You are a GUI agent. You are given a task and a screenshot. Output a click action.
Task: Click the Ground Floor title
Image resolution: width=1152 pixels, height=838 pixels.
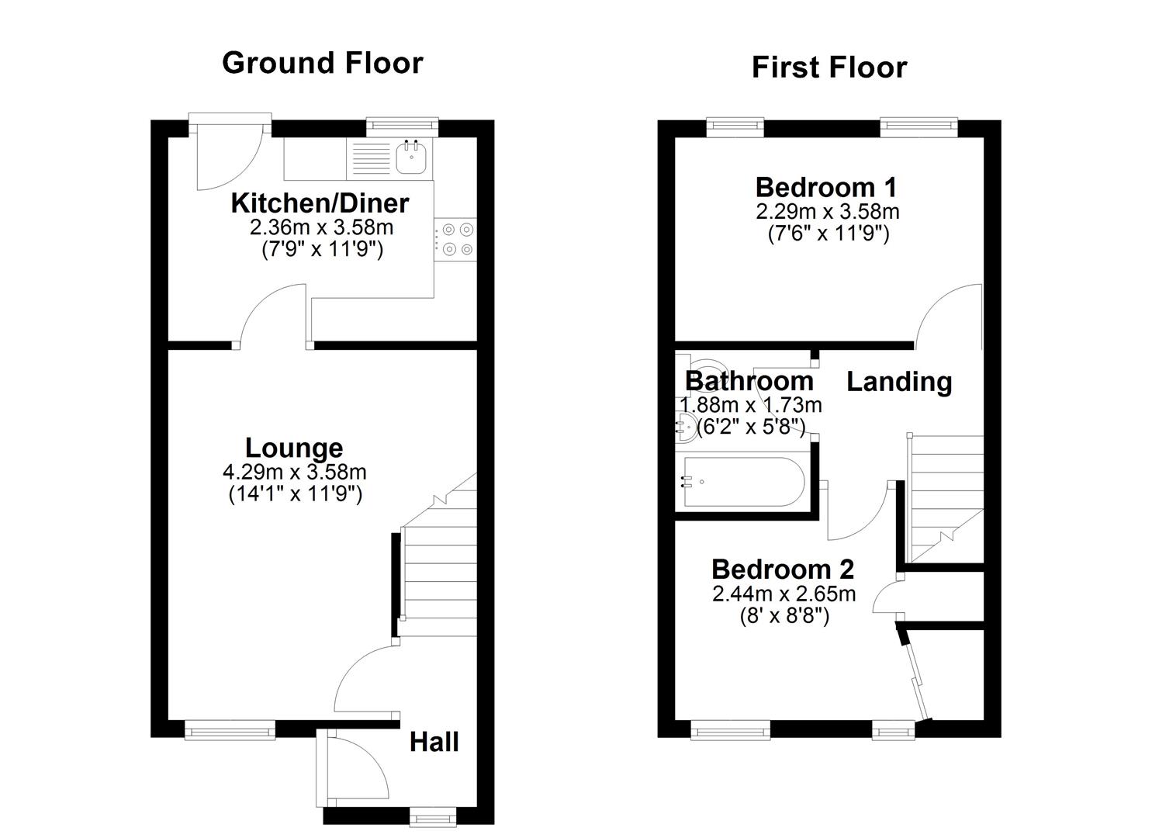pyautogui.click(x=323, y=63)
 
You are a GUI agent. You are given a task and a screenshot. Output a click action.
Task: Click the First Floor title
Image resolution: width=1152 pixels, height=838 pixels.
pyautogui.click(x=829, y=68)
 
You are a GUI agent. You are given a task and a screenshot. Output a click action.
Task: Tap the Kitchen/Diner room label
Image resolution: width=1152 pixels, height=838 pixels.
pyautogui.click(x=320, y=203)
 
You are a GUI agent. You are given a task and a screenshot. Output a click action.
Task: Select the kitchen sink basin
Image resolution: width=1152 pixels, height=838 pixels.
pyautogui.click(x=411, y=158)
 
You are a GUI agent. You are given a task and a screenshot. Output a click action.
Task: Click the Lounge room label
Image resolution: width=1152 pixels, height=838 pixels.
pyautogui.click(x=294, y=448)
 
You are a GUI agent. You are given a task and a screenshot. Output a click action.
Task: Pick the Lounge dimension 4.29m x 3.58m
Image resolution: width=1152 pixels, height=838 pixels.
pyautogui.click(x=294, y=472)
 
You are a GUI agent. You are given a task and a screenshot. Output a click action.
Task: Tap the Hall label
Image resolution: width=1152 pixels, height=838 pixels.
pyautogui.click(x=434, y=743)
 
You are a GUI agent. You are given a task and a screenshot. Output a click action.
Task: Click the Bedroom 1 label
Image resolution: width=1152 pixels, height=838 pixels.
pyautogui.click(x=826, y=187)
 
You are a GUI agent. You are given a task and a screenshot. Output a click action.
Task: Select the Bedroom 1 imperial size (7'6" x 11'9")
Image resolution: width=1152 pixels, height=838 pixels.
pyautogui.click(x=828, y=234)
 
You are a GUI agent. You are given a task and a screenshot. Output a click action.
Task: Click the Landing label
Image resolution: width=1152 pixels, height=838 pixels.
pyautogui.click(x=898, y=382)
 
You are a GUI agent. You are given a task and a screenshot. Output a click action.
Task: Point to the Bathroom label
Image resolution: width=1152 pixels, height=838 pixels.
pyautogui.click(x=749, y=381)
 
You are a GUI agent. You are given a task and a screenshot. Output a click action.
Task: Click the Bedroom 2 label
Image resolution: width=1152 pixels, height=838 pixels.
pyautogui.click(x=783, y=570)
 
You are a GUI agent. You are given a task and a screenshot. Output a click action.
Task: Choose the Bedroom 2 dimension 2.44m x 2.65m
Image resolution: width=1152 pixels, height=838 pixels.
pyautogui.click(x=784, y=594)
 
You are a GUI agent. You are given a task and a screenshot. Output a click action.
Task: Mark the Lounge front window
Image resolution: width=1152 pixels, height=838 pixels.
pyautogui.click(x=230, y=729)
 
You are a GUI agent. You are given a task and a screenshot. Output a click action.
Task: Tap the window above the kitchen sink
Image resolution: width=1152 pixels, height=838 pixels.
pyautogui.click(x=403, y=126)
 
